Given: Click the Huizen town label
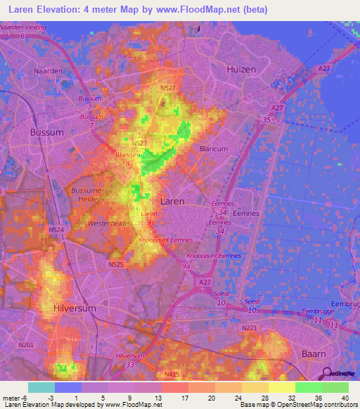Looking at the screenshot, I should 241,69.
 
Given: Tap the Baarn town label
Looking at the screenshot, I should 316,353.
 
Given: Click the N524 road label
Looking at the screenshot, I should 56,229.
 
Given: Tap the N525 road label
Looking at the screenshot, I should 116,265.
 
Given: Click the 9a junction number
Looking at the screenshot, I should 186,267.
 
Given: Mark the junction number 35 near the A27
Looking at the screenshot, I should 266,120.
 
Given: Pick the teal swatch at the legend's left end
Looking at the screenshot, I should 41,387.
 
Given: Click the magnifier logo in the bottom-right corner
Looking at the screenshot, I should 327,373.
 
